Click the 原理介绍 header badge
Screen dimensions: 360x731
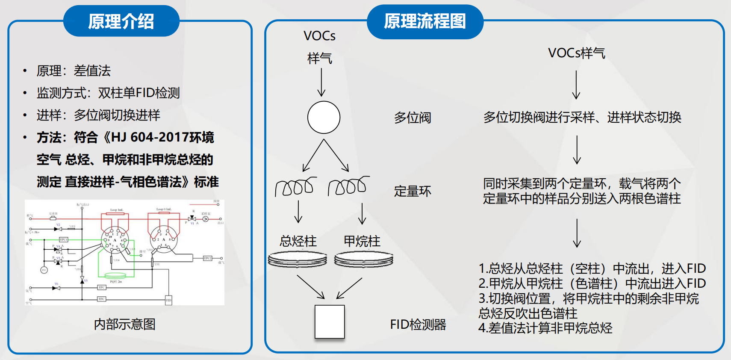pyautogui.click(x=121, y=21)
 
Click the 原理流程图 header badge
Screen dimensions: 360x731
pyautogui.click(x=425, y=21)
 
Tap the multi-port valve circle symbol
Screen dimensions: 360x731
pyautogui.click(x=324, y=118)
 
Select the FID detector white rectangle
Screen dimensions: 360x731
pyautogui.click(x=330, y=322)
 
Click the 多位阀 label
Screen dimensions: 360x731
pyautogui.click(x=413, y=118)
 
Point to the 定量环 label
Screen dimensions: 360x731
pyautogui.click(x=413, y=191)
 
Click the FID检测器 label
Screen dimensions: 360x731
pyautogui.click(x=418, y=325)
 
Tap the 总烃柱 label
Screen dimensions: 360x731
pyautogui.click(x=298, y=241)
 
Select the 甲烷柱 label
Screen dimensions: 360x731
pyautogui.click(x=362, y=241)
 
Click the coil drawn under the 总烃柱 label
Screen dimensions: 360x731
pyautogui.click(x=298, y=259)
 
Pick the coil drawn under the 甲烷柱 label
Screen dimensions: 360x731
pyautogui.click(x=364, y=259)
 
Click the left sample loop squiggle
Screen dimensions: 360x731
pyautogui.click(x=295, y=186)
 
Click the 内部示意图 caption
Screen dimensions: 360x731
pyautogui.click(x=124, y=324)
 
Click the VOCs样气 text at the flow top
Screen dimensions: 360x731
pyautogui.click(x=577, y=53)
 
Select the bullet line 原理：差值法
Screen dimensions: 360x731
pyautogui.click(x=74, y=71)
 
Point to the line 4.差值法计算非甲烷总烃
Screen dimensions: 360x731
pyautogui.click(x=545, y=328)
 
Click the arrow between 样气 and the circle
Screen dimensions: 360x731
pyautogui.click(x=321, y=82)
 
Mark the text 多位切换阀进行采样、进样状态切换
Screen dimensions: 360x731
pyautogui.click(x=582, y=117)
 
